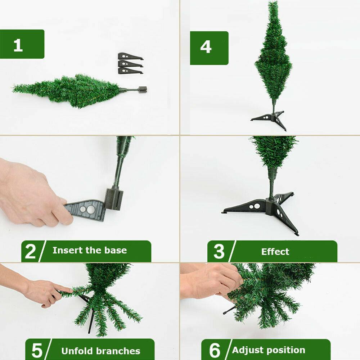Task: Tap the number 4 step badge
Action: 206,47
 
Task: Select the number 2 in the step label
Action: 30,251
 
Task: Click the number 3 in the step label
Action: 219,251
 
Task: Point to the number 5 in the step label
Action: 37,350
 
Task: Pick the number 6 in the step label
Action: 215,350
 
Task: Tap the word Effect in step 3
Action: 275,252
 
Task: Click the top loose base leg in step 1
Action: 130,57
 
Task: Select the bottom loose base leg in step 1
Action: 130,71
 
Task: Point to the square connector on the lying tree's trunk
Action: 143,90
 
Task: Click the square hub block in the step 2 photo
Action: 114,199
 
